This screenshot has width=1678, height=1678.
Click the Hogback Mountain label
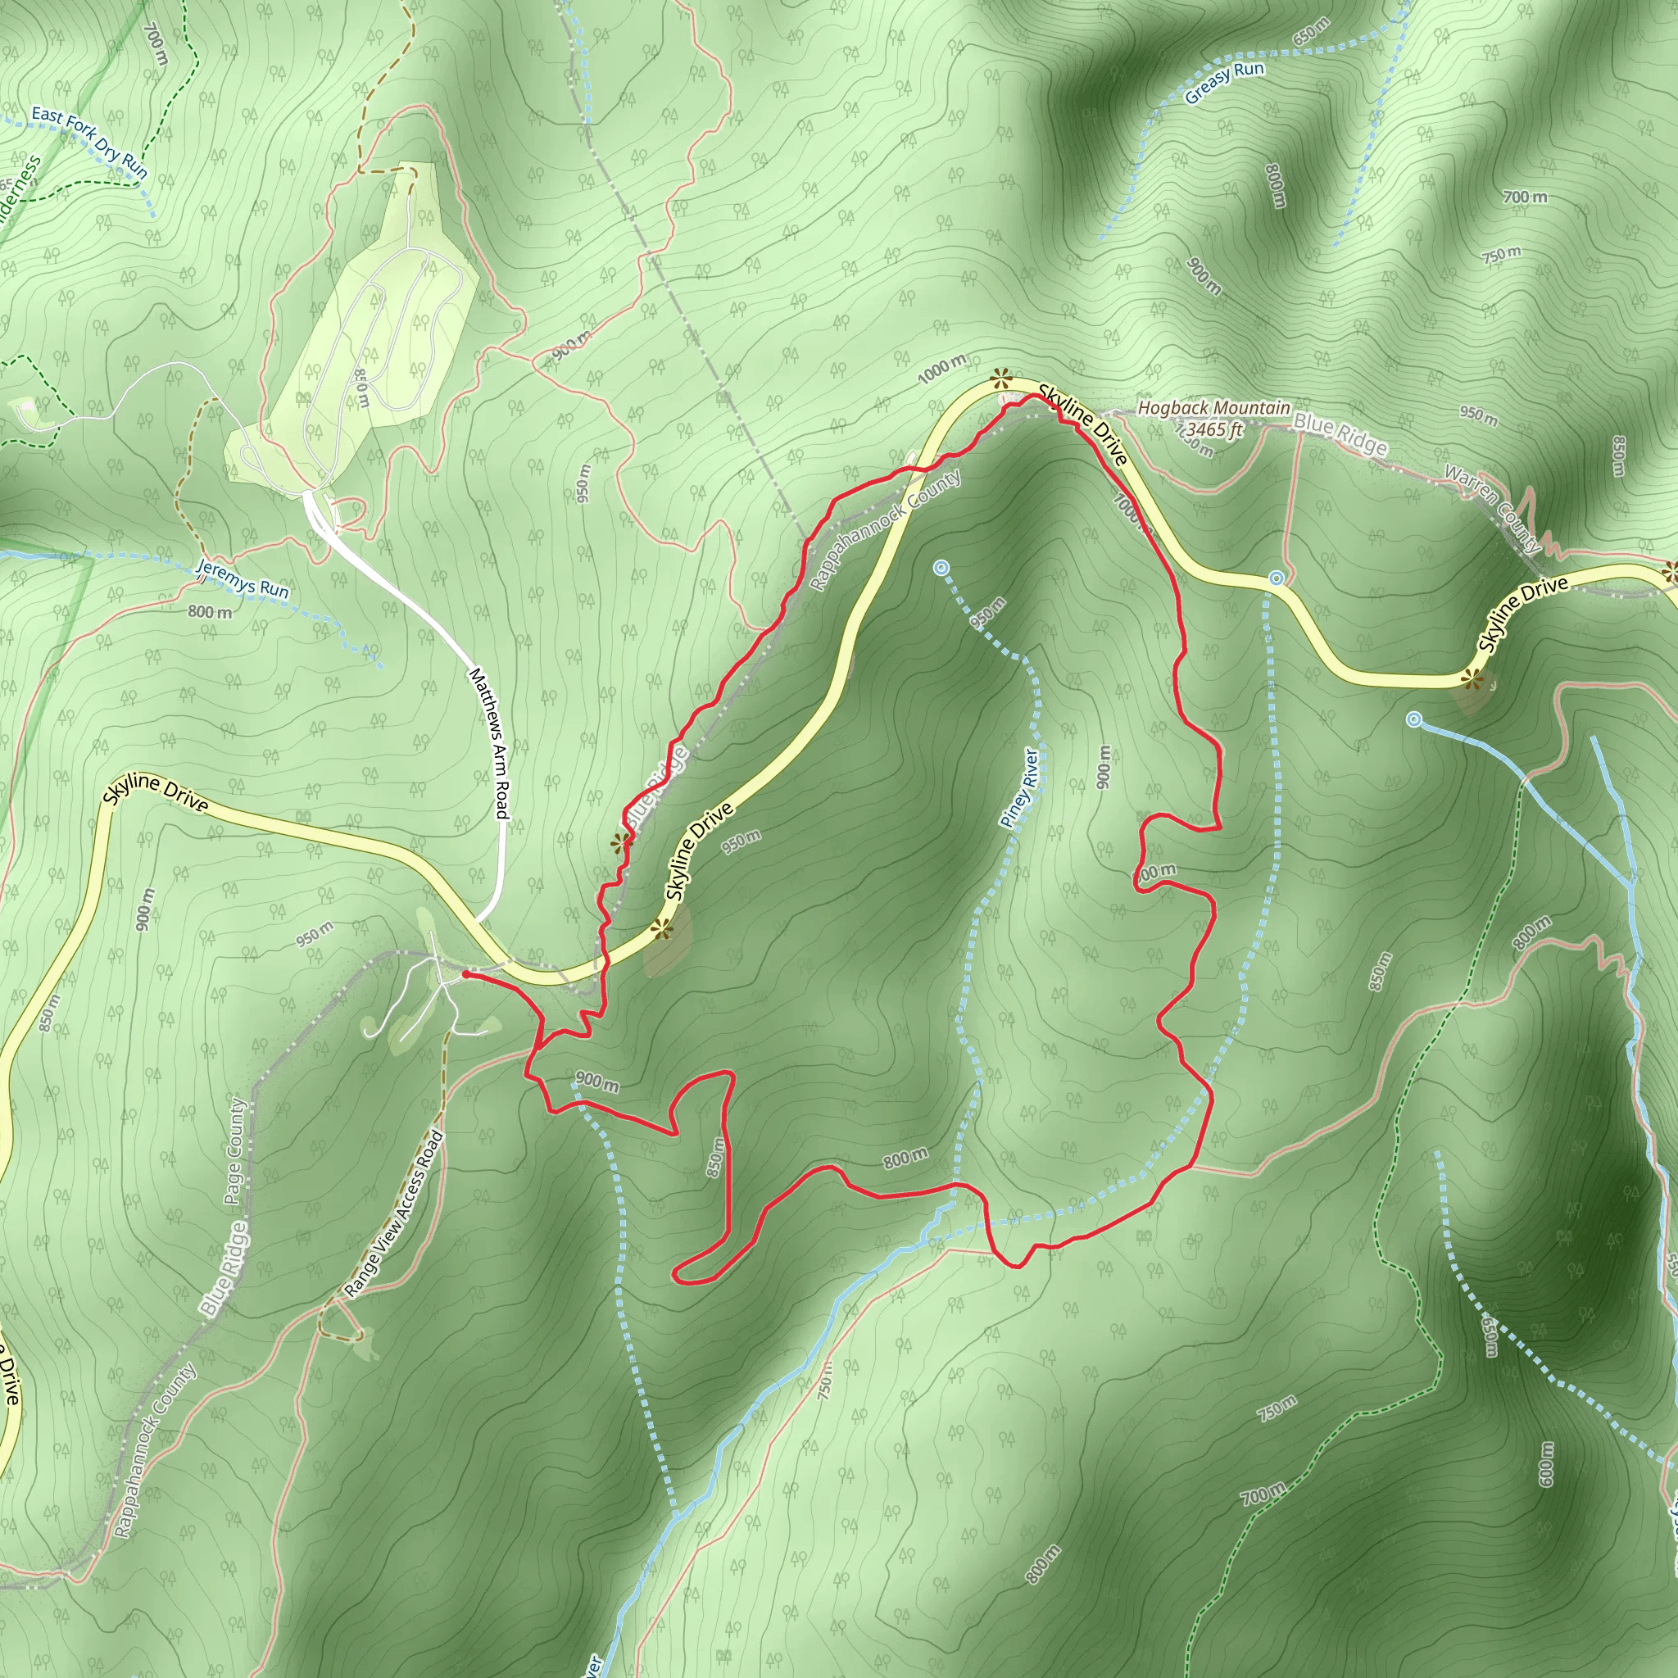[x=1213, y=407]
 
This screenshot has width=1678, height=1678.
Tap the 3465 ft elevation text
[x=1214, y=429]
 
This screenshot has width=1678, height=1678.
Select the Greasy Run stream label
[x=1225, y=83]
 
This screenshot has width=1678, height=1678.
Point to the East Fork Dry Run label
[x=89, y=143]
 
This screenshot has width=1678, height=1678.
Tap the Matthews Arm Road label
[x=488, y=742]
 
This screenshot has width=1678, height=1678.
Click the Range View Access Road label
[x=393, y=1215]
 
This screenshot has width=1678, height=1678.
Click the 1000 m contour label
[x=941, y=368]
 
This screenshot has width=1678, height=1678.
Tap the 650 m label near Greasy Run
[x=1311, y=32]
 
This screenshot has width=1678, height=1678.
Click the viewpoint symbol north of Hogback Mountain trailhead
[x=1001, y=378]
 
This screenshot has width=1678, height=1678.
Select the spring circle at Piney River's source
[x=941, y=568]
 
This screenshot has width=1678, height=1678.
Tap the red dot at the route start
[x=466, y=974]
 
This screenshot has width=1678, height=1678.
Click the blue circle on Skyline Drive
[x=1275, y=578]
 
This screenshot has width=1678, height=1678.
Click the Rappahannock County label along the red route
[x=886, y=531]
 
